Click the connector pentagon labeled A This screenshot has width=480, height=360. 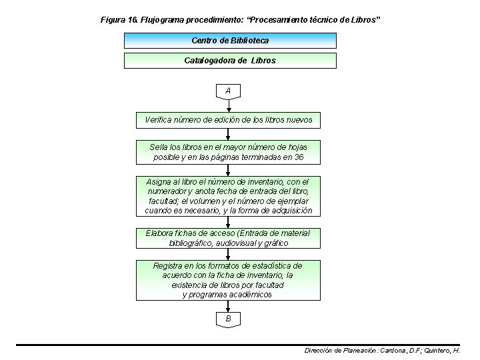pos(229,91)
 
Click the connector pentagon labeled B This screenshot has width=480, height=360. pos(229,320)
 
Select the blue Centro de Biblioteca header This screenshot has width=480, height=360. pos(230,41)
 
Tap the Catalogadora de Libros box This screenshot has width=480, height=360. pos(230,61)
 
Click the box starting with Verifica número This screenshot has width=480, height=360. pos(229,121)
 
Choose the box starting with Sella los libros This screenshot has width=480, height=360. pos(229,152)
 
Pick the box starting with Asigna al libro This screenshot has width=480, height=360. pos(229,196)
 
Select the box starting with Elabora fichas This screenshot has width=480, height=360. pos(229,238)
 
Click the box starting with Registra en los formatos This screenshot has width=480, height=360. pos(229,280)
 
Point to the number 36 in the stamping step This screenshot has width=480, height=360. pos(299,157)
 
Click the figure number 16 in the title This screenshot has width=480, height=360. pos(131,20)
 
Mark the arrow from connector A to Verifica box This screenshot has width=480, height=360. pos(229,106)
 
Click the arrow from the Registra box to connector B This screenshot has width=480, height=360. pos(229,307)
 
